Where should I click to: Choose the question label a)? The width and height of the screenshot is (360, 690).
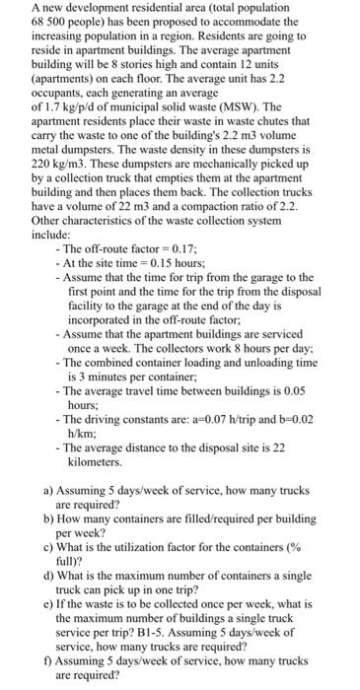pyautogui.click(x=49, y=490)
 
